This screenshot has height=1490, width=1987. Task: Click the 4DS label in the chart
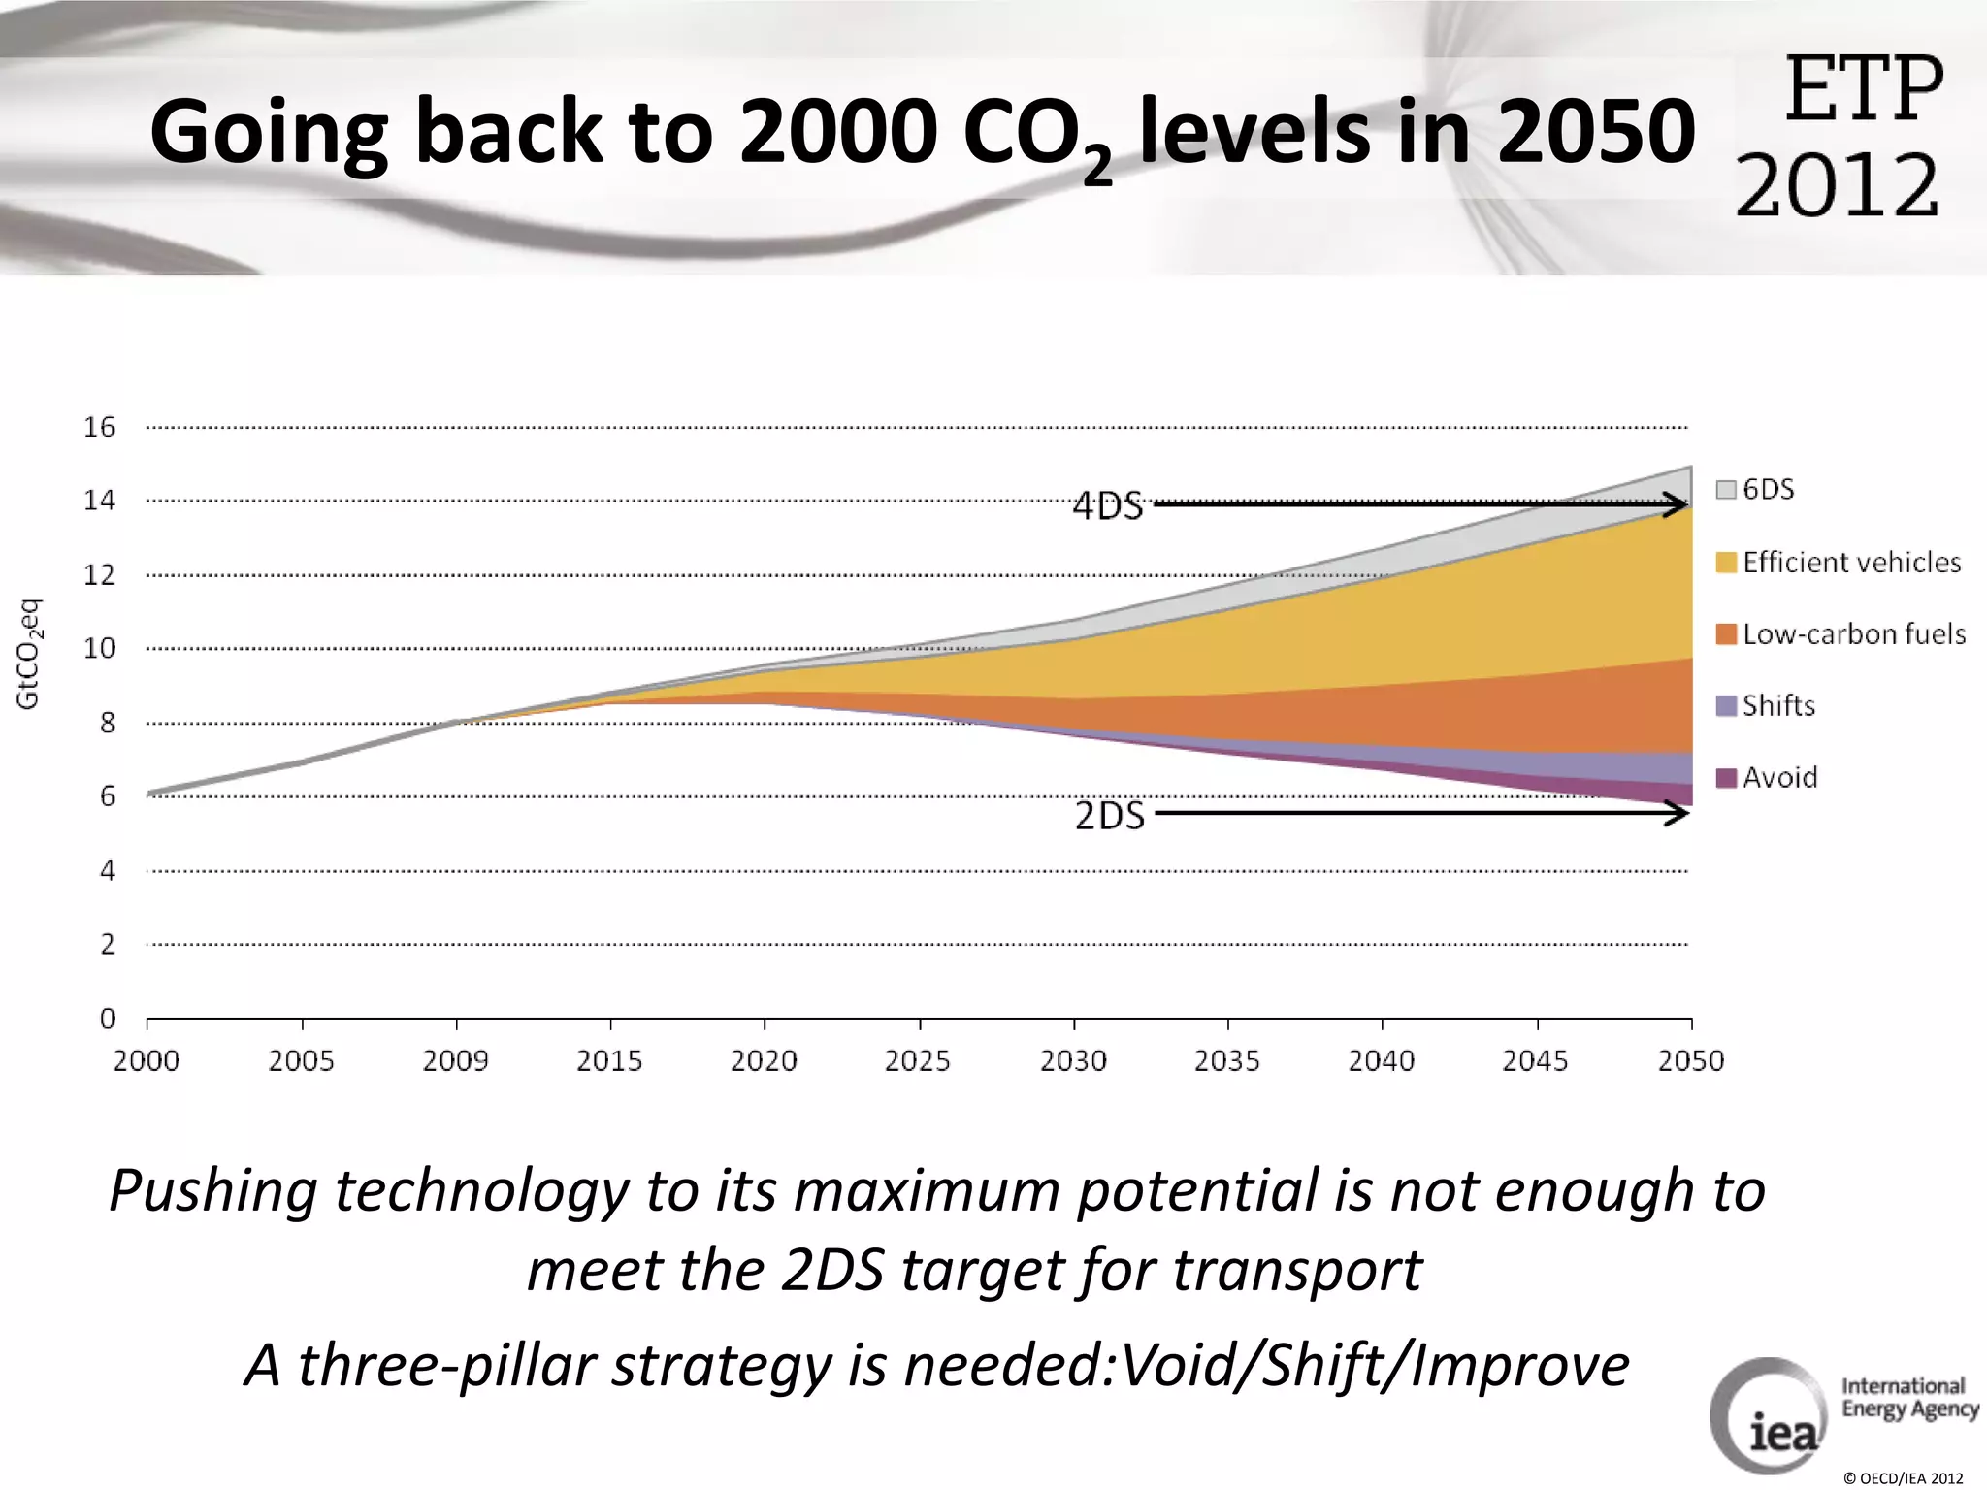point(1108,506)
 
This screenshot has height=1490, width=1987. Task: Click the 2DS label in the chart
point(1110,816)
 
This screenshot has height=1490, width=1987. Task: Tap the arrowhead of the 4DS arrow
point(1677,504)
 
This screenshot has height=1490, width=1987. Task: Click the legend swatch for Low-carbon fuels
point(1726,634)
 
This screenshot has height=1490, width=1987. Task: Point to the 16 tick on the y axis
point(99,427)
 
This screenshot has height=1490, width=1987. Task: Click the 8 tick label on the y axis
point(107,723)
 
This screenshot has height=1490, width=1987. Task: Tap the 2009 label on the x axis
point(455,1060)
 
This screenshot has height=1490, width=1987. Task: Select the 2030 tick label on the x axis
point(1073,1060)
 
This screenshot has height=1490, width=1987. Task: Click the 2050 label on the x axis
point(1691,1060)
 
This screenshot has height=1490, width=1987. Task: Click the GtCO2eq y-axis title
point(29,654)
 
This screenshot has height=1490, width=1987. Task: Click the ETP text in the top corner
point(1863,89)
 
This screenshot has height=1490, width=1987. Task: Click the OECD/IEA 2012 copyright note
point(1903,1478)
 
